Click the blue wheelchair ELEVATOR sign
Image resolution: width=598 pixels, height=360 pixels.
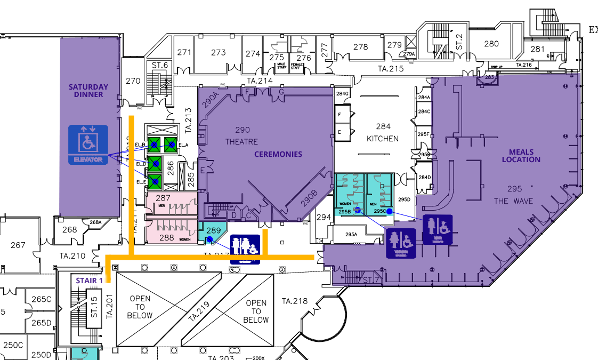click(x=88, y=145)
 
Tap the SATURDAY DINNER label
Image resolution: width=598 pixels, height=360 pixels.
click(x=88, y=91)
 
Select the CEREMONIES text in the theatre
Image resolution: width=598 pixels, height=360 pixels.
click(x=278, y=154)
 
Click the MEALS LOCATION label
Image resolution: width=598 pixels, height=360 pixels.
click(x=521, y=156)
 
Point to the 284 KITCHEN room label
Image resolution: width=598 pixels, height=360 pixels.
click(x=383, y=132)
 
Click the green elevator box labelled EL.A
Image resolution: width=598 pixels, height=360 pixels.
click(x=171, y=145)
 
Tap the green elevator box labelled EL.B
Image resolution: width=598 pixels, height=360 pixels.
click(x=155, y=145)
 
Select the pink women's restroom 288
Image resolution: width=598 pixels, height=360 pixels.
click(x=167, y=235)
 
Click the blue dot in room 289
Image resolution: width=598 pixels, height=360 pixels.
click(x=209, y=239)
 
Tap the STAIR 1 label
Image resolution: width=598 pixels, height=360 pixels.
click(x=90, y=281)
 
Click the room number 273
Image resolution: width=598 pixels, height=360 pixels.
click(x=218, y=53)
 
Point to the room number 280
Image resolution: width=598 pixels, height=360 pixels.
click(x=491, y=44)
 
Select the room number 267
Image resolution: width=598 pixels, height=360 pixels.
click(x=18, y=245)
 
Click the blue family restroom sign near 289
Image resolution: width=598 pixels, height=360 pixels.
click(x=245, y=249)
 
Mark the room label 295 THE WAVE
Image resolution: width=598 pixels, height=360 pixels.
click(x=514, y=195)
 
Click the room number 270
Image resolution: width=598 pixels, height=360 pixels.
click(x=133, y=81)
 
